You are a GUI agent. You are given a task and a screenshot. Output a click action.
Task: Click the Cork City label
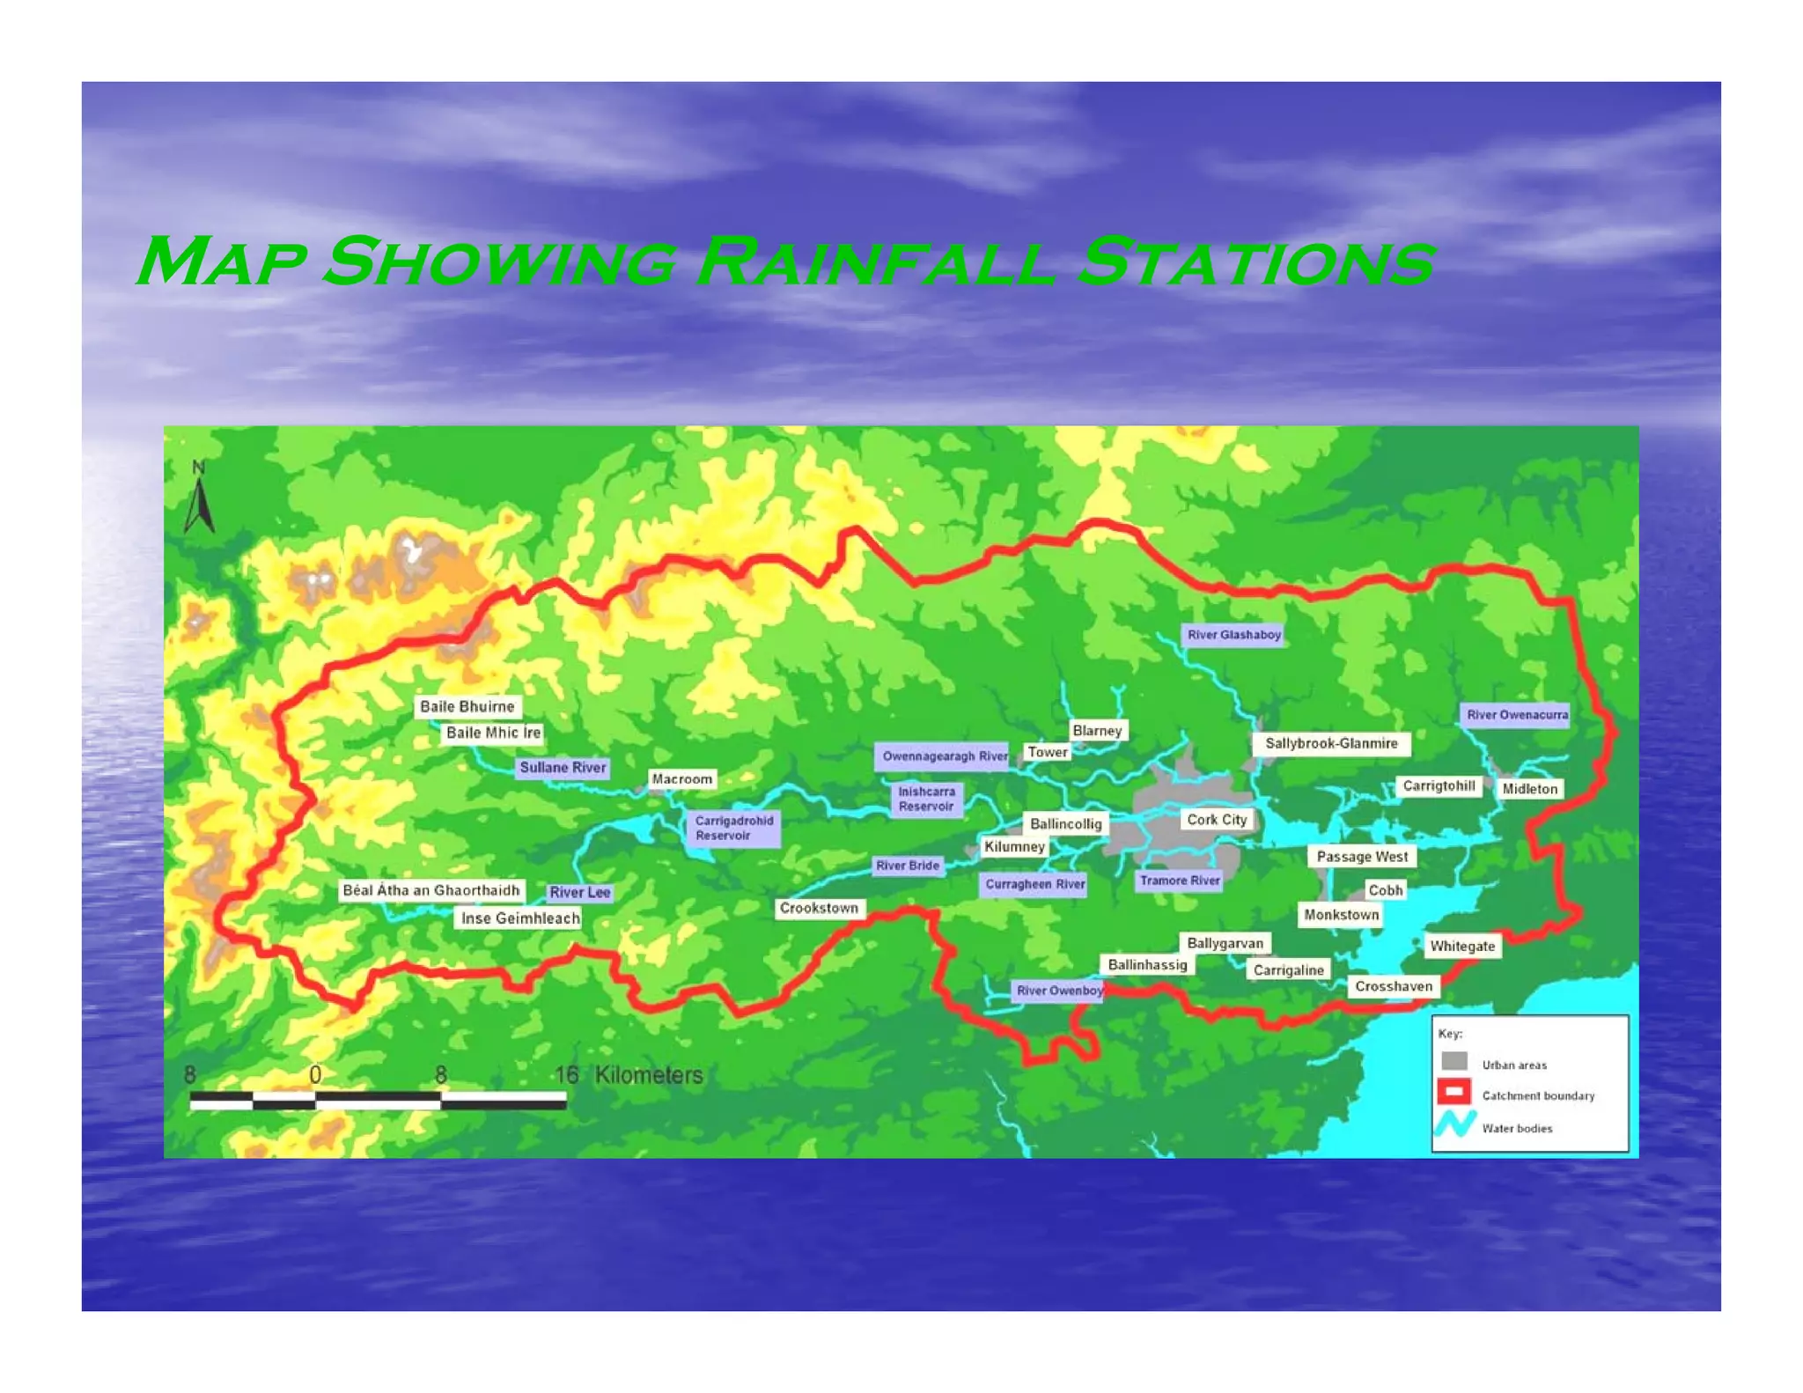pos(1217,820)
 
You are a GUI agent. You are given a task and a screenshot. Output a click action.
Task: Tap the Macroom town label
pos(682,779)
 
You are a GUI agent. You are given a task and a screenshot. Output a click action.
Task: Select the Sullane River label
pos(563,768)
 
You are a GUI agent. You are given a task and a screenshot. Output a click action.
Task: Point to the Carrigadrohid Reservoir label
pos(733,828)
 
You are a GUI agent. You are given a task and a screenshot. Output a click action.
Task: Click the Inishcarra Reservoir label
pos(926,799)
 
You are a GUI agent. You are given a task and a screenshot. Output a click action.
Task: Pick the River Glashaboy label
pos(1233,635)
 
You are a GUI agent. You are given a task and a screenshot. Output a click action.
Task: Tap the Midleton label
pos(1530,789)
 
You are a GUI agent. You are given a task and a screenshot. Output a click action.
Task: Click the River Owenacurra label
pos(1517,715)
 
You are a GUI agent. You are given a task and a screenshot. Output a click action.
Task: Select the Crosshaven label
pos(1394,986)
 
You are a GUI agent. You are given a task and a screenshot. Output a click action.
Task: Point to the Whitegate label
pos(1462,947)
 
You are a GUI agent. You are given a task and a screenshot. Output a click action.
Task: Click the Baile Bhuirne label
pos(467,706)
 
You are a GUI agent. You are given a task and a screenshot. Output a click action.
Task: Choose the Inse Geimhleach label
pos(520,918)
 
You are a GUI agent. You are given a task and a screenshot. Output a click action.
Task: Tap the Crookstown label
pos(819,908)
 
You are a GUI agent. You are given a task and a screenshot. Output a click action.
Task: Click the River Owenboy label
pos(1059,991)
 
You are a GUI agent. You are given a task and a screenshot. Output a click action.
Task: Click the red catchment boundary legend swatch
pos(1453,1092)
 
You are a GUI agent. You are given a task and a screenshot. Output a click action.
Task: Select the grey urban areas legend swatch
pos(1453,1061)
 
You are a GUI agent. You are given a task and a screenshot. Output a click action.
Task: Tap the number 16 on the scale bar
pos(566,1075)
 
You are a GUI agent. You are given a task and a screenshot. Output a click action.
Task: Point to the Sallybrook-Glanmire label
pos(1331,744)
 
